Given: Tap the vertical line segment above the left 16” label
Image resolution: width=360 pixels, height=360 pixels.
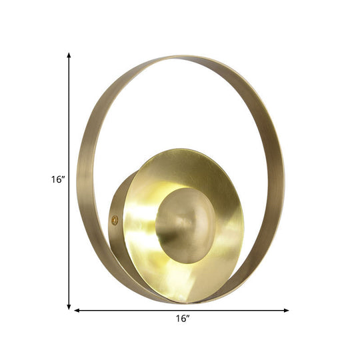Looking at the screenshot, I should (x=69, y=113).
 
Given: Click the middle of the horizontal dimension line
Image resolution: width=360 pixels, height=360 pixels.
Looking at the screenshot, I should (x=181, y=291).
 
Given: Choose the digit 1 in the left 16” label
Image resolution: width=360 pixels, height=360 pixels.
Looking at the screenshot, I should (x=54, y=179).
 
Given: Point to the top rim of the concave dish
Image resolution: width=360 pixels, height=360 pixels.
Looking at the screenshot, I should (x=183, y=150).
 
